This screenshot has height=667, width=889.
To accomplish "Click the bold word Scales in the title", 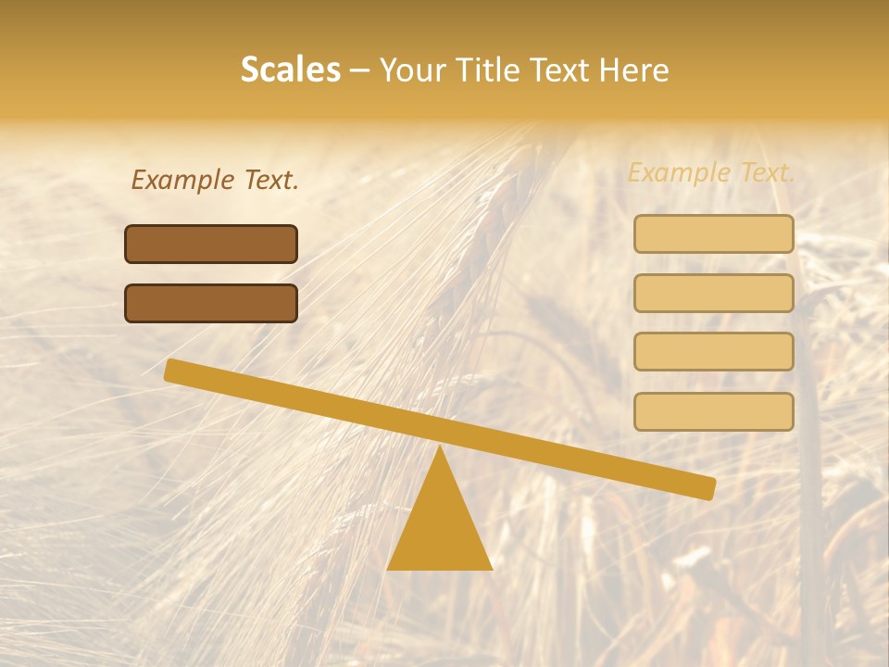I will pyautogui.click(x=290, y=69).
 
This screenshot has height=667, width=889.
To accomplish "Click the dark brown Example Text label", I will pyautogui.click(x=215, y=180).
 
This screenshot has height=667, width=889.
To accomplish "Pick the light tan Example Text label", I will pyautogui.click(x=711, y=172).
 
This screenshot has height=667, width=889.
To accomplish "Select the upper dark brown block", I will pyautogui.click(x=211, y=244).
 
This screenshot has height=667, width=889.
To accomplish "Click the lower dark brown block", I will pyautogui.click(x=211, y=303).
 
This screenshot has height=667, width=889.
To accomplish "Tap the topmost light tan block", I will pyautogui.click(x=713, y=233).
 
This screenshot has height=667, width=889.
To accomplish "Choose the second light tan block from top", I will pyautogui.click(x=713, y=293).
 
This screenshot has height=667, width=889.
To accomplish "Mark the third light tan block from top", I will pyautogui.click(x=713, y=352).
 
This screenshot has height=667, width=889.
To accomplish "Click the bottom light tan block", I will pyautogui.click(x=713, y=411).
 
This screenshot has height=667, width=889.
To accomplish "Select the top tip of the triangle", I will pyautogui.click(x=440, y=447).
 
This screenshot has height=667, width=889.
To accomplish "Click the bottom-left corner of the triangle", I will pyautogui.click(x=389, y=568).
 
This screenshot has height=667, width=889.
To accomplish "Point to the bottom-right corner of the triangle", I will pyautogui.click(x=491, y=568).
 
